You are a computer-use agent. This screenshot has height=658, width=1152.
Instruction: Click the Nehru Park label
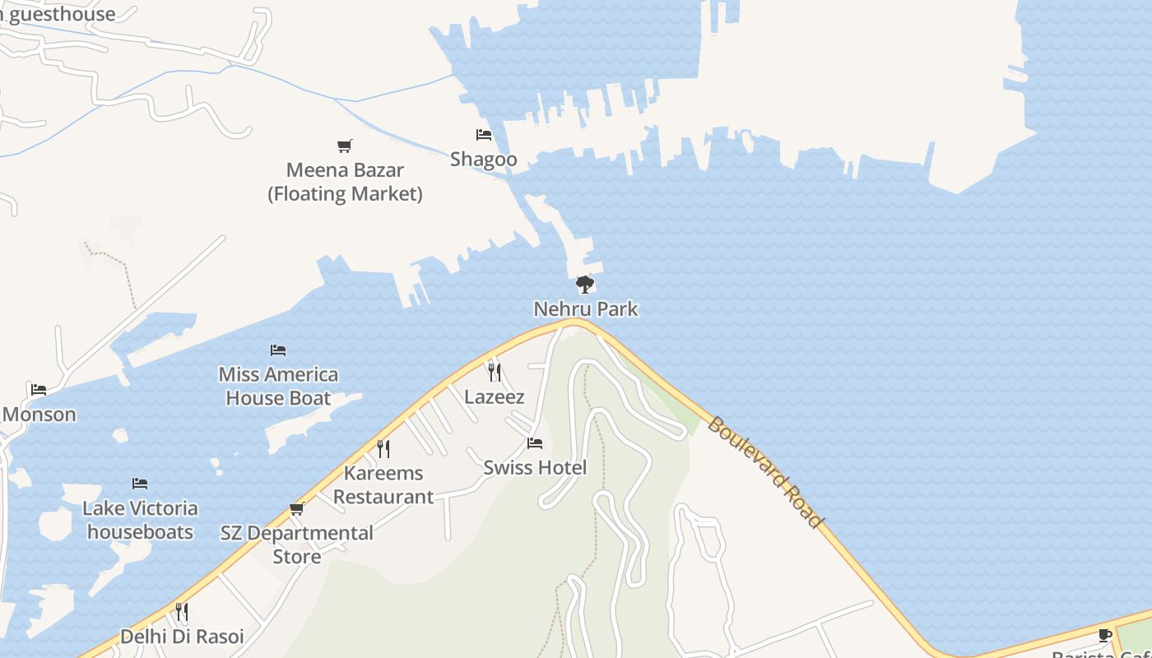(x=585, y=309)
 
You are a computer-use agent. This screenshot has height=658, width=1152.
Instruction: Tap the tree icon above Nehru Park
(x=584, y=285)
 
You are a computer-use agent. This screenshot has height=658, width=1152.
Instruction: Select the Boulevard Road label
(x=764, y=472)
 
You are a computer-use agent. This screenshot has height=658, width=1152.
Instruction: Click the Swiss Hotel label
(x=535, y=468)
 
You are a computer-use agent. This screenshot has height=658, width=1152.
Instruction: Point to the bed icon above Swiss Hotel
(x=535, y=444)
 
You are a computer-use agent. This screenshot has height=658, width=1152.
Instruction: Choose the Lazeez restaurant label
(x=495, y=396)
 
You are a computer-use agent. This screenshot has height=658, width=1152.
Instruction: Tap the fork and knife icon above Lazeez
(x=494, y=372)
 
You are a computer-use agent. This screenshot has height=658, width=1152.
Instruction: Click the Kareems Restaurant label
(x=383, y=485)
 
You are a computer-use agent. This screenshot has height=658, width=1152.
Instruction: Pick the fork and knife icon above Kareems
(x=383, y=448)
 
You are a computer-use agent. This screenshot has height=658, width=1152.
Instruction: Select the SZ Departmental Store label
(x=297, y=544)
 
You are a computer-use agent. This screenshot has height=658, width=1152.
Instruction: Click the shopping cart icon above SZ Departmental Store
(x=297, y=509)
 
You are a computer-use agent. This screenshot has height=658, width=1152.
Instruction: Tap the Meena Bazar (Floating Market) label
(x=345, y=182)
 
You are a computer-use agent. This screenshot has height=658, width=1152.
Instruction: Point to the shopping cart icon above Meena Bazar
(x=345, y=146)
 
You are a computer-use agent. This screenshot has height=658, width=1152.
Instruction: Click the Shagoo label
(x=484, y=160)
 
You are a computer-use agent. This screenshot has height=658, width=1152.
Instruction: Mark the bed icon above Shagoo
(x=484, y=135)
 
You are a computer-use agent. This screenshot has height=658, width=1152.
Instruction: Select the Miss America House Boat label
(x=278, y=387)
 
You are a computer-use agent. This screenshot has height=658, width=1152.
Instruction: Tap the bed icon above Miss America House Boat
(x=278, y=350)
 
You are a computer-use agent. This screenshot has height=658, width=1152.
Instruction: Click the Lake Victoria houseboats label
(x=140, y=520)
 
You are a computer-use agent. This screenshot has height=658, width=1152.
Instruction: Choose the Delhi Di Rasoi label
(x=182, y=637)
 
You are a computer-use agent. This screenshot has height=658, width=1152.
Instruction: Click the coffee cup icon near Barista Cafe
(x=1105, y=635)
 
